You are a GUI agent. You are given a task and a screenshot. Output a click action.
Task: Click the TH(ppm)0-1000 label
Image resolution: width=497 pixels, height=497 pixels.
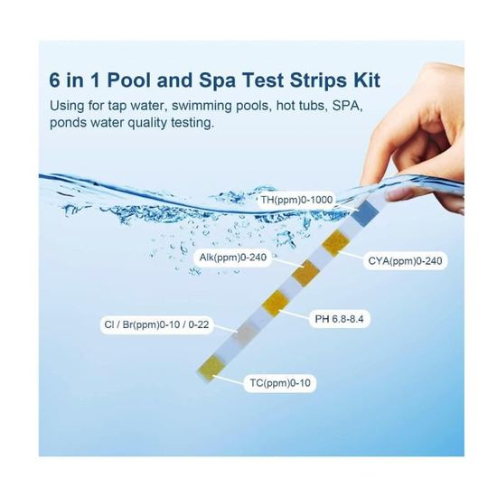[296, 200]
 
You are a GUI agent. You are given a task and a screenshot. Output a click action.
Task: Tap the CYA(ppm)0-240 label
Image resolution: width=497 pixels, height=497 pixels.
[405, 261]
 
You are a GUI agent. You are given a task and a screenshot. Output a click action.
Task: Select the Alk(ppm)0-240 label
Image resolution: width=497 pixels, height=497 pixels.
[233, 257]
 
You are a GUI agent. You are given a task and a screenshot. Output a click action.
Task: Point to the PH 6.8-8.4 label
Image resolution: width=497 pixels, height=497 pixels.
[339, 319]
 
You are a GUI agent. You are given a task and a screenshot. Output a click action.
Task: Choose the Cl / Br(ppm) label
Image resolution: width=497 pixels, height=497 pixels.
[156, 324]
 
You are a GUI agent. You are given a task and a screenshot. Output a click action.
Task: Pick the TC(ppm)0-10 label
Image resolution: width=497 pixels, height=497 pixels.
[280, 383]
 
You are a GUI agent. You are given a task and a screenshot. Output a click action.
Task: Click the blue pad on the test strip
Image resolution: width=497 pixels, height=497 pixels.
[364, 213]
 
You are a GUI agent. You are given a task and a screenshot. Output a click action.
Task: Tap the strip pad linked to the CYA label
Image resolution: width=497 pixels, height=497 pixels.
[335, 243]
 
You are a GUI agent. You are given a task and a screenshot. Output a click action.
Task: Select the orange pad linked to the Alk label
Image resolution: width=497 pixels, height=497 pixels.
[305, 273]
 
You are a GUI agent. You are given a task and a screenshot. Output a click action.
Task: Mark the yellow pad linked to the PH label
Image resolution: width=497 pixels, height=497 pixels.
[276, 303]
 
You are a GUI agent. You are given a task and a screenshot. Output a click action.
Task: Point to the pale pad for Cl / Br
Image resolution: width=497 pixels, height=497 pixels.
[246, 333]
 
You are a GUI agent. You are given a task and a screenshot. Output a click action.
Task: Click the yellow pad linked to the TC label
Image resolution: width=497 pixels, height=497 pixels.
[210, 369]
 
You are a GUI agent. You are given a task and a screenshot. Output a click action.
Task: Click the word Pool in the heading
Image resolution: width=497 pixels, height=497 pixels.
[128, 80]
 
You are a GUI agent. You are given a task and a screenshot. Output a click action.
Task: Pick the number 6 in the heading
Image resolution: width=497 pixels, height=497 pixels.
[54, 80]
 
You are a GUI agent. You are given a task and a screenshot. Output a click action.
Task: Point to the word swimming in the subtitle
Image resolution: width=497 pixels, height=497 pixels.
[202, 106]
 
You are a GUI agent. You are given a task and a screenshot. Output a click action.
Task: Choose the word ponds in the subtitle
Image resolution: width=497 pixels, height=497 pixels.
[68, 122]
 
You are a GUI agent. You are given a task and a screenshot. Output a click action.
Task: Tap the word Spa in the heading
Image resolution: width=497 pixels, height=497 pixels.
[217, 80]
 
